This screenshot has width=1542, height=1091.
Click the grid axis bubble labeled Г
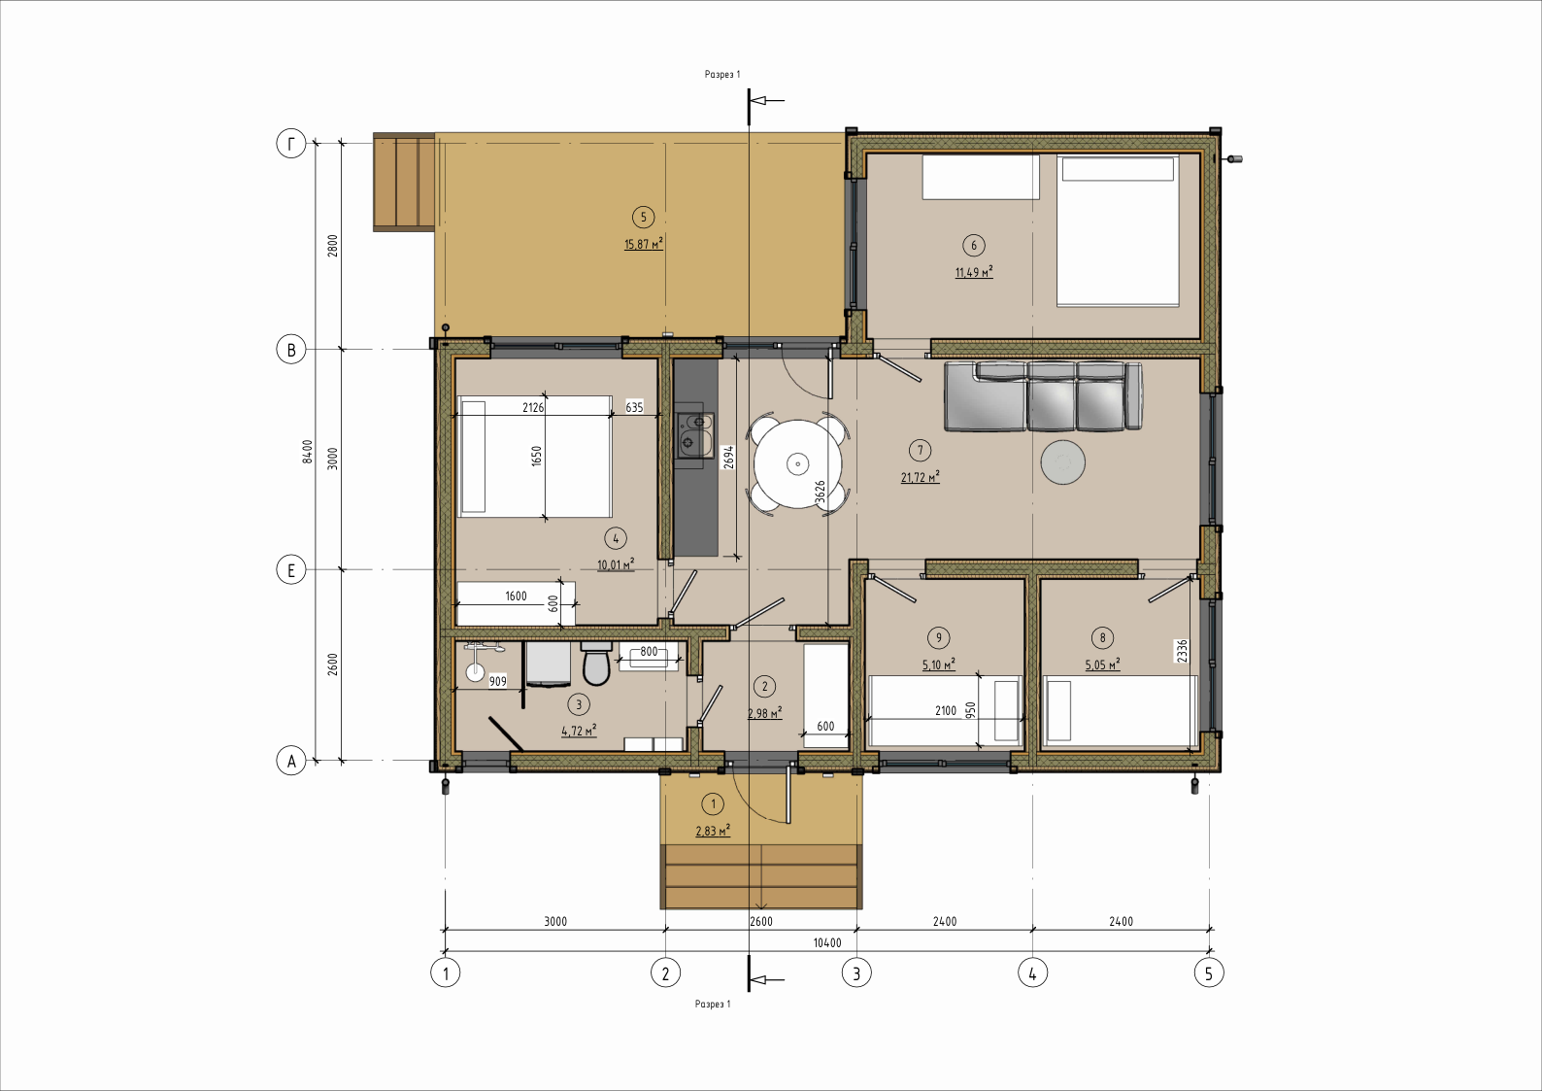tap(291, 144)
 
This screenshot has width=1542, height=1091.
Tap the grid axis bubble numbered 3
tap(857, 973)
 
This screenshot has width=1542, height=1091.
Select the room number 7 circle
tap(921, 451)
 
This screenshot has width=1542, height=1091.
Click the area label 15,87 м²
tap(644, 244)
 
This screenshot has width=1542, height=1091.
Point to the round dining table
tap(798, 463)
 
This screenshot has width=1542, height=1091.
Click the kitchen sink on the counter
tap(694, 435)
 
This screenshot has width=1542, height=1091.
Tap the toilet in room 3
tap(595, 664)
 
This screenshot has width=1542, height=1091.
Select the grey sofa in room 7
tap(1044, 396)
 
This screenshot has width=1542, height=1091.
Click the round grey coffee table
tap(1063, 462)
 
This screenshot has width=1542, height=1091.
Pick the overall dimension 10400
tap(827, 943)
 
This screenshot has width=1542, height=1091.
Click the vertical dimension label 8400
tap(308, 452)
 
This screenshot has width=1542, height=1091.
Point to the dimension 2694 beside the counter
tap(728, 458)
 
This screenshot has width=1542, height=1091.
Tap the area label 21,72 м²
tap(921, 477)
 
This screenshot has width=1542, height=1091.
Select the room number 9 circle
tap(939, 638)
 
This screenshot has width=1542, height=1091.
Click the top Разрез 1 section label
tap(722, 75)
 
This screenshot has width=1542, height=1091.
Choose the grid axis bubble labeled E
tap(291, 570)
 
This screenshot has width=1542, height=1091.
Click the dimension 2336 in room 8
tap(1182, 651)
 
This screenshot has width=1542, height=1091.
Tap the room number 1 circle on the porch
tap(713, 803)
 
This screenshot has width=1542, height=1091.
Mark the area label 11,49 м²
tap(974, 272)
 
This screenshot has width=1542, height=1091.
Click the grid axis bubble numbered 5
tap(1209, 973)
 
